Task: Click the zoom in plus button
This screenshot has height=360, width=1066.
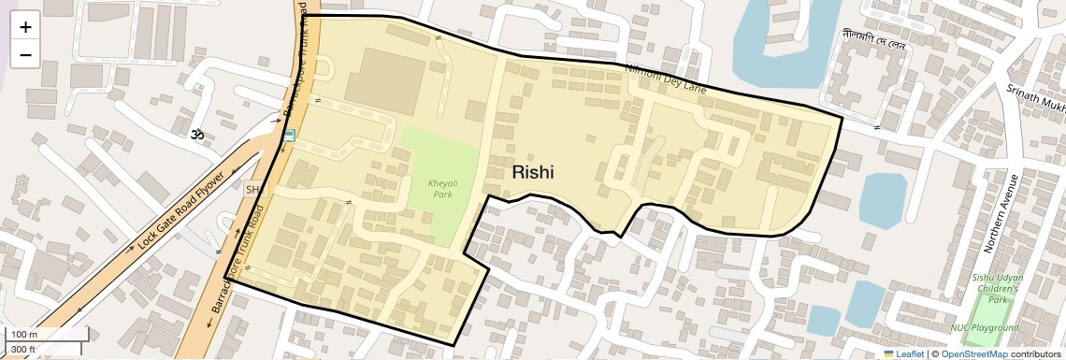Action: pos(25,27)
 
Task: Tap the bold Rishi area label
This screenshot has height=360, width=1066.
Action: pos(532,173)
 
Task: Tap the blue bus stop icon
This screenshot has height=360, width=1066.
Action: pos(289,136)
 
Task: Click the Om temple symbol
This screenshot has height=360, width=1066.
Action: pos(197,136)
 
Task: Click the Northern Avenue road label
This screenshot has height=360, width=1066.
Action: pos(999,214)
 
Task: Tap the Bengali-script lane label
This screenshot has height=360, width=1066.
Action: pos(874,36)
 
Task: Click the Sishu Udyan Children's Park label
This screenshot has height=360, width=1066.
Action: pos(996,289)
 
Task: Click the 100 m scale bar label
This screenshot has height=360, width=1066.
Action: pos(22,335)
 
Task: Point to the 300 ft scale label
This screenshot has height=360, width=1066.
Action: pos(22,350)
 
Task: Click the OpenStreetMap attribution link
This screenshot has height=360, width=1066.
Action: pos(973,353)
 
